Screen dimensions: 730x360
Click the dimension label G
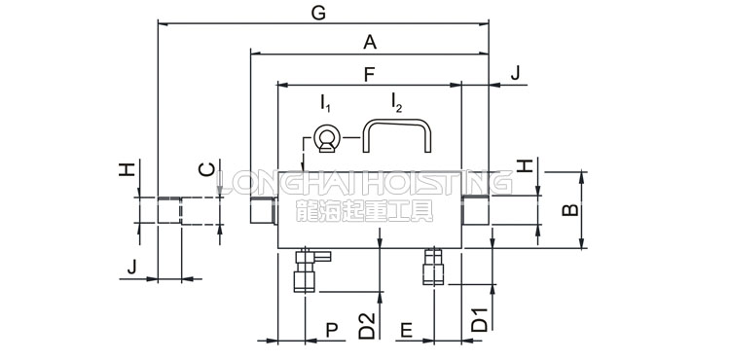(318, 14)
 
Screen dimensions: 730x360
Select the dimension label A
(370, 43)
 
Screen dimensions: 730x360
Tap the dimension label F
(369, 74)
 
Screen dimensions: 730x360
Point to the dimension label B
(570, 210)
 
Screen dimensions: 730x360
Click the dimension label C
(206, 169)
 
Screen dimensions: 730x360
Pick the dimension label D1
(480, 319)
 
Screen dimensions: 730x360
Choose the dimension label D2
(367, 326)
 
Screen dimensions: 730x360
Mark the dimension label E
(407, 330)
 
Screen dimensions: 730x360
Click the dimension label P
(332, 330)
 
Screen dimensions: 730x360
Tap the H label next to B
(525, 165)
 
